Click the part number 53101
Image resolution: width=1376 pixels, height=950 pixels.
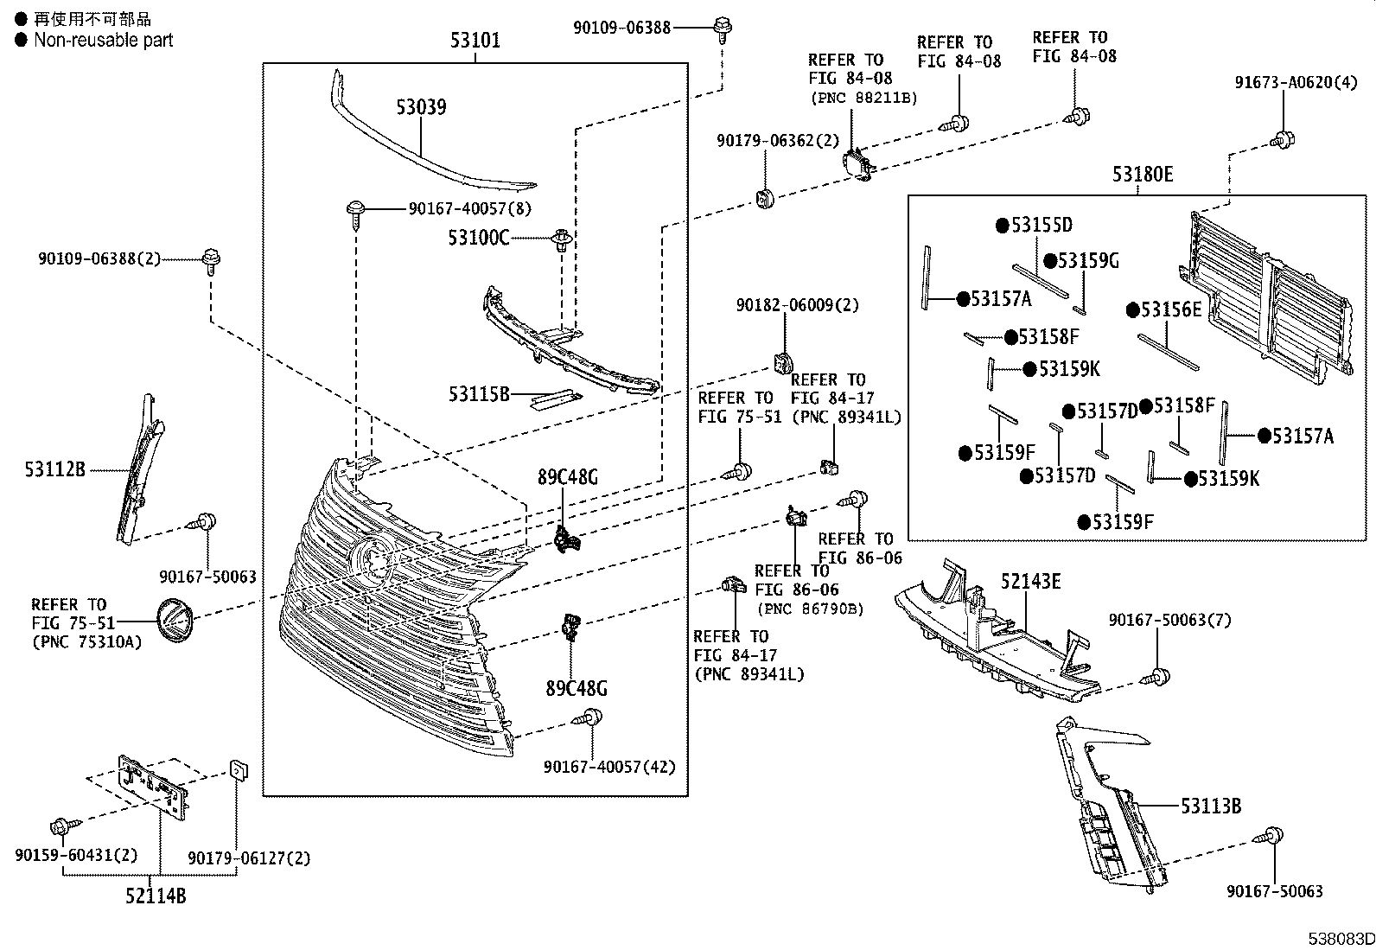pos(475,40)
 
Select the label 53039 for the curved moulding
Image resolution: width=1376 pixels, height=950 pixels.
pos(421,107)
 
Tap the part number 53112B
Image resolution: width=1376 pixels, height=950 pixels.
pos(54,470)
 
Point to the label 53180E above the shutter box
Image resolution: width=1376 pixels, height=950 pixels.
pos(1142,174)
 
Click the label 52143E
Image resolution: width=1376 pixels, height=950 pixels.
pos(1030,581)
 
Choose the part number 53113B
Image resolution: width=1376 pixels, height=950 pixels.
pos(1211,806)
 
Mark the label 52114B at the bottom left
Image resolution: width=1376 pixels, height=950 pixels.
pos(155,896)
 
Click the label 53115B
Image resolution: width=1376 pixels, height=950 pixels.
pos(478,394)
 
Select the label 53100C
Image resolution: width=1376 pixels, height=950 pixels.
pos(478,237)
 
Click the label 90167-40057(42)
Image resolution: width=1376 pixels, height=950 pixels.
pos(609,767)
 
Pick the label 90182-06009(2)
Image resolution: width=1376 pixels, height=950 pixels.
pos(797,305)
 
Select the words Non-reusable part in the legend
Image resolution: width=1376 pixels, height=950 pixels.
pos(103,40)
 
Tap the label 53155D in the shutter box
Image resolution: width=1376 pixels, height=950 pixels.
pos(1041,226)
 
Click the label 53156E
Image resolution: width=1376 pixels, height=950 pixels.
pos(1171,309)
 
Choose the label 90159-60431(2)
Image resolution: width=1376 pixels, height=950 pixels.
pos(76,856)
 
